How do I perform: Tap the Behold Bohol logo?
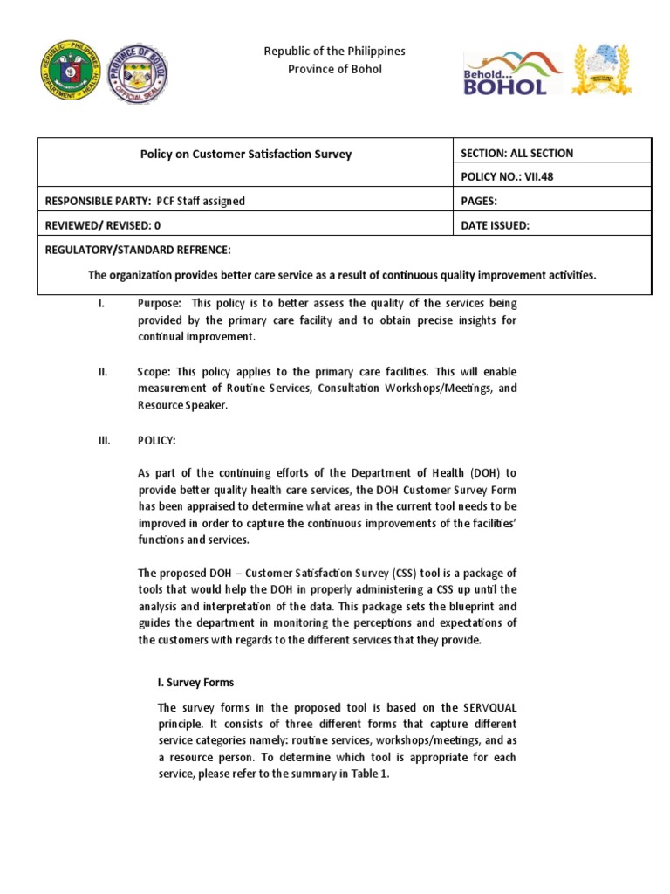506,72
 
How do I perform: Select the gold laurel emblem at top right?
601,70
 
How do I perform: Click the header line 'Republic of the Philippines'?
335,52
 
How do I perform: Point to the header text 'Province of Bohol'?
335,69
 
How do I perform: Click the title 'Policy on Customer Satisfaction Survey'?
246,154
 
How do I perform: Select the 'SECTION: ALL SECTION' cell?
516,153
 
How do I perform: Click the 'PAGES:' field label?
479,201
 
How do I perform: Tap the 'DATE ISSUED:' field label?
495,225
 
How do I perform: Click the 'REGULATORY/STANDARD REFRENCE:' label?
138,251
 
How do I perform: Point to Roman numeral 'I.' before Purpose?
101,304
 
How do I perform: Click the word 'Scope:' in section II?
154,372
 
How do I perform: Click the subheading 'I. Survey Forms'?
195,682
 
